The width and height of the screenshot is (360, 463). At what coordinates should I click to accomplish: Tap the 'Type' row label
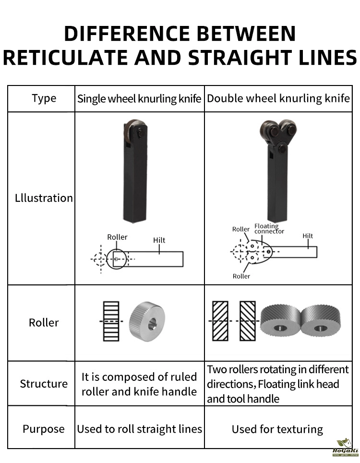pos(44,98)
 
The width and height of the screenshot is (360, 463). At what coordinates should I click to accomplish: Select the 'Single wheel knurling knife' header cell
pos(139,99)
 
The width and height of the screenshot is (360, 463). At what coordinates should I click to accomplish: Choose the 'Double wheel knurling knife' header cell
pos(278,99)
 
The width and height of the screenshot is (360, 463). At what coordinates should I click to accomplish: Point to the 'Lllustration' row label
pos(44,198)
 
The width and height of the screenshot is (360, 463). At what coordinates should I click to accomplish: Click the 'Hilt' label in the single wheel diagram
pos(159,240)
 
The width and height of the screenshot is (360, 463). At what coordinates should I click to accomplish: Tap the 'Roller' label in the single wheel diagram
pos(117,237)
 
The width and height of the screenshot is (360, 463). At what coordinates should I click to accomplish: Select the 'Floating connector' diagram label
pos(269,229)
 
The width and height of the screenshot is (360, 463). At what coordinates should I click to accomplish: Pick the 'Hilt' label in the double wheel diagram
pos(308,236)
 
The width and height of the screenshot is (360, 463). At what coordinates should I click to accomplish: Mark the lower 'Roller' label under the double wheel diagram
pos(241,276)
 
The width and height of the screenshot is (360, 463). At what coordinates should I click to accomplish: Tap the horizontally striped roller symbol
pos(111,321)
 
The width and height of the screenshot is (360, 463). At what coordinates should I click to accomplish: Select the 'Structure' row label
pos(44,384)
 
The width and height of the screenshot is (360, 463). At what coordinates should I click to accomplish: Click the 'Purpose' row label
pos(43,429)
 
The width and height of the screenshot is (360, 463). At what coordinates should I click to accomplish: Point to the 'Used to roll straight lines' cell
pos(140,429)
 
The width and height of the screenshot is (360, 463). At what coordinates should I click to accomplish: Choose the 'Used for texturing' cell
pos(277,429)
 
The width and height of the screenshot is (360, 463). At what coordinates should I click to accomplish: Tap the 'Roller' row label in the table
pos(44,323)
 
